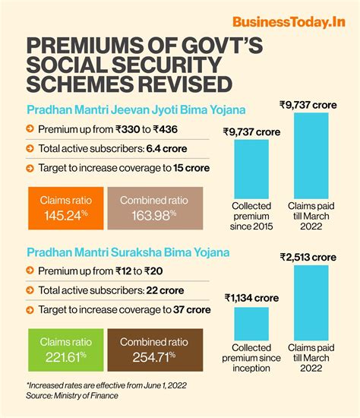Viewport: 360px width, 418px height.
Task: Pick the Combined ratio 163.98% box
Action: [152, 209]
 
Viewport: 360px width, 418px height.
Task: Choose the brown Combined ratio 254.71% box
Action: [152, 350]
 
